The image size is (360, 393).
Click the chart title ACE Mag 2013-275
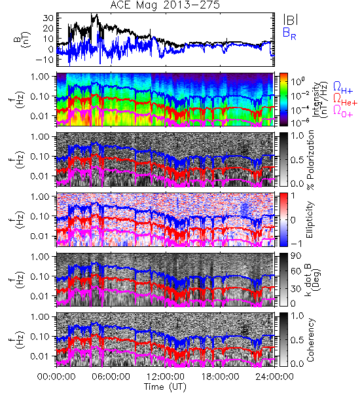(165, 5)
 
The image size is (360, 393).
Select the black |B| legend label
(291, 20)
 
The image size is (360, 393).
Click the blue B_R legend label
(290, 34)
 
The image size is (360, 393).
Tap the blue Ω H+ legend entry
(343, 88)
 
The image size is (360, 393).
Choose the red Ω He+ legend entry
(345, 100)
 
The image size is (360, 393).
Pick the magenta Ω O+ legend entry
(343, 112)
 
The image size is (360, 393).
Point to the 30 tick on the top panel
(48, 18)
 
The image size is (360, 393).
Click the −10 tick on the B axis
(45, 60)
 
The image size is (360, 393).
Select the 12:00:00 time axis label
(166, 377)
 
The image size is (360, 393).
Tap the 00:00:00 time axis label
(56, 377)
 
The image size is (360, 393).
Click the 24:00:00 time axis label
(274, 377)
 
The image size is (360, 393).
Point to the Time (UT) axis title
(165, 387)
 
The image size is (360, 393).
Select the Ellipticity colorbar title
(310, 220)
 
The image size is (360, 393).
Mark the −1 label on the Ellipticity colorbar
(296, 244)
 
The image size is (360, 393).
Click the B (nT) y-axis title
(22, 39)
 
